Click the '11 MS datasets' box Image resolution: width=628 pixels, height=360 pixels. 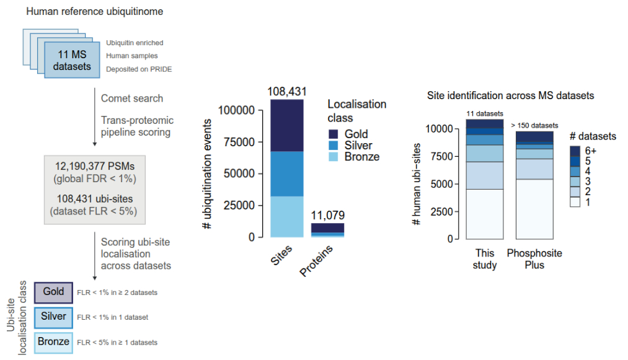pyautogui.click(x=71, y=61)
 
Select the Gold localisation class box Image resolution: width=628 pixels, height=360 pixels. pyautogui.click(x=53, y=292)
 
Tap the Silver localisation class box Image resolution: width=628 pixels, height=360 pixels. pyautogui.click(x=53, y=317)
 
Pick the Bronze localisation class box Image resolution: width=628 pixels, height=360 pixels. pyautogui.click(x=53, y=341)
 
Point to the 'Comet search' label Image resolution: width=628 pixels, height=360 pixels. pyautogui.click(x=132, y=98)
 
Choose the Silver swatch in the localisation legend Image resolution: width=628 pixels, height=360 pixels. pyautogui.click(x=334, y=146)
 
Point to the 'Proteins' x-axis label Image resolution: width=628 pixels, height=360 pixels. pyautogui.click(x=321, y=261)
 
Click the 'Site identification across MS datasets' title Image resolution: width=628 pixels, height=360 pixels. pyautogui.click(x=511, y=96)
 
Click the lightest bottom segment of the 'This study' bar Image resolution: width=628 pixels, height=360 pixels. pyautogui.click(x=485, y=214)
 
